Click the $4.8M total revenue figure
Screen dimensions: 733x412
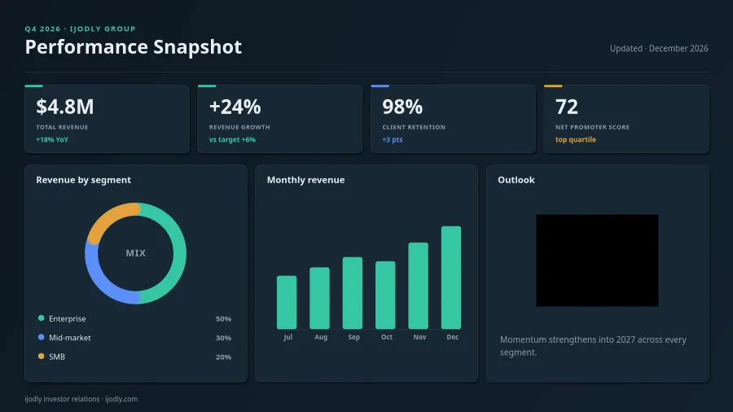point(65,107)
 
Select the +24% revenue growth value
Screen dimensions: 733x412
point(235,107)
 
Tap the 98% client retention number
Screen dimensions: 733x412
point(402,107)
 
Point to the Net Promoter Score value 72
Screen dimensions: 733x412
point(567,107)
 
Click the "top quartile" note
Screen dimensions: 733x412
point(576,140)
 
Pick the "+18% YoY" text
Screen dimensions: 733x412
point(52,140)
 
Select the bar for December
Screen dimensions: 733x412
point(451,278)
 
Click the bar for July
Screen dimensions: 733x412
point(287,302)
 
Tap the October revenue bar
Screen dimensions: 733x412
point(385,296)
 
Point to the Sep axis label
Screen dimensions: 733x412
point(354,337)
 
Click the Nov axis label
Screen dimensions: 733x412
point(419,337)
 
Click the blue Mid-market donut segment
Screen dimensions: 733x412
point(102,284)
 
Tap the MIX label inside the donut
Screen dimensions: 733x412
point(135,253)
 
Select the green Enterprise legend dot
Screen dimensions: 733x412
point(42,318)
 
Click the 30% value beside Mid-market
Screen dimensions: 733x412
point(223,338)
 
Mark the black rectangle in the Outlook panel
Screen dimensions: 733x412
point(597,261)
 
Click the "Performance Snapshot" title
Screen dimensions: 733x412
point(134,46)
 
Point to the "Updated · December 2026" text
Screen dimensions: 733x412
point(659,48)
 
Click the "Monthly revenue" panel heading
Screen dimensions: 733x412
point(305,180)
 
